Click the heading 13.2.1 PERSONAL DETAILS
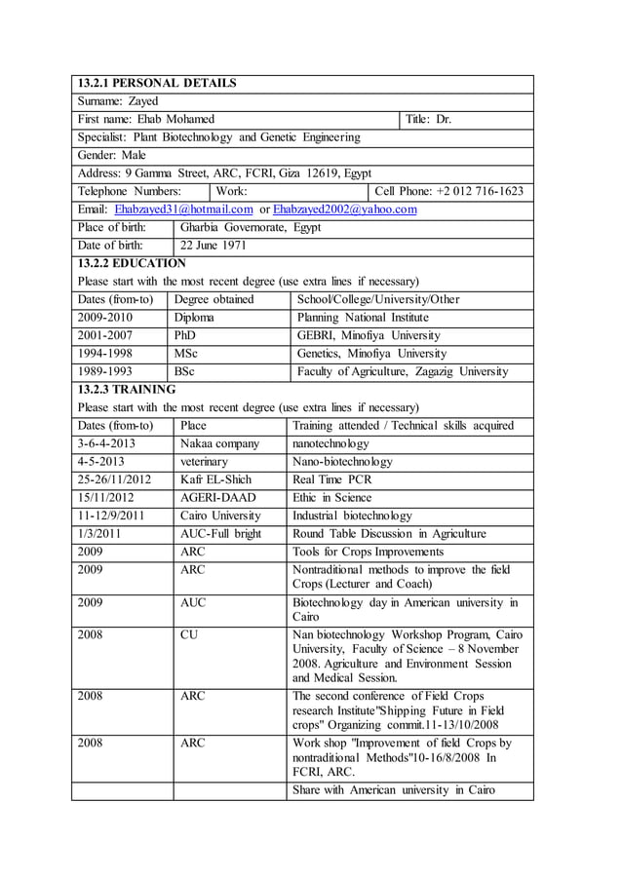(x=156, y=84)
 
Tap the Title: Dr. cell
(x=429, y=119)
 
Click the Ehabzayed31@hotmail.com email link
(x=183, y=210)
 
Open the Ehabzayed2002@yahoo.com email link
(x=344, y=210)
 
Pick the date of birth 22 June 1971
(x=214, y=246)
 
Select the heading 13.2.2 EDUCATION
(x=131, y=263)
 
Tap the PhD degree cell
(x=185, y=335)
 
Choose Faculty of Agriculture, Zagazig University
(x=402, y=371)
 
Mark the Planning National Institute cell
(x=363, y=317)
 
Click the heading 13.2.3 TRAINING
(x=127, y=390)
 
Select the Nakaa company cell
(x=219, y=443)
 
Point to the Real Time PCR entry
(x=332, y=479)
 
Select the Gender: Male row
(x=111, y=155)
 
